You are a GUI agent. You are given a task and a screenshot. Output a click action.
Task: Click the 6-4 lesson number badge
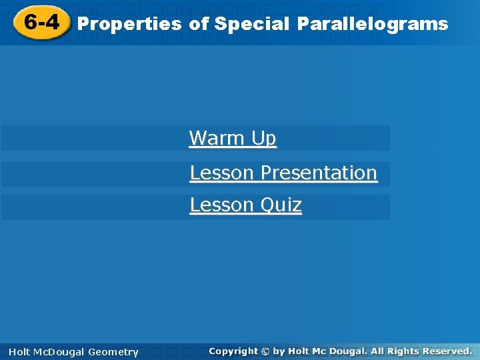click(x=41, y=23)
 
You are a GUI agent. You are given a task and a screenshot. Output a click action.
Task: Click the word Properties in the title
click(x=129, y=24)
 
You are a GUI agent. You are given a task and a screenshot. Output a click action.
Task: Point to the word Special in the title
click(x=252, y=24)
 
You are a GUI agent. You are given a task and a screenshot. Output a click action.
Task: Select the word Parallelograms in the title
click(x=373, y=24)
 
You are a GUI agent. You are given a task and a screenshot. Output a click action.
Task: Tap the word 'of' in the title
click(x=199, y=24)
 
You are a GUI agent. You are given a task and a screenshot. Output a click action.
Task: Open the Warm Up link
click(x=233, y=139)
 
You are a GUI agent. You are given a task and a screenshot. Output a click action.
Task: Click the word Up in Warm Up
click(x=263, y=139)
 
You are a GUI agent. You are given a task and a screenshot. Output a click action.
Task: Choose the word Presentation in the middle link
click(x=319, y=173)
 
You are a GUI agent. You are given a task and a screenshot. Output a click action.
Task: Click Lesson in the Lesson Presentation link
click(x=222, y=173)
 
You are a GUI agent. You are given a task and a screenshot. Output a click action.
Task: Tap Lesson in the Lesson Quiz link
click(x=222, y=205)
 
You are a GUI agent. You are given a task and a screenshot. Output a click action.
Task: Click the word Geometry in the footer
click(x=113, y=352)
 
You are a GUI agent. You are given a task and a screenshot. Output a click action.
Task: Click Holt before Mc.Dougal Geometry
click(x=19, y=352)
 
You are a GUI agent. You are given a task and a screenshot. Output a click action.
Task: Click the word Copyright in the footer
click(x=233, y=351)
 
